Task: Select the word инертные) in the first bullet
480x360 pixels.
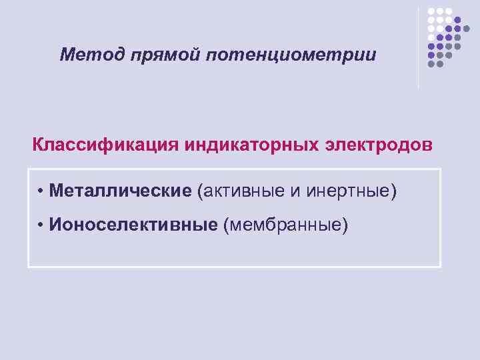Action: (x=352, y=192)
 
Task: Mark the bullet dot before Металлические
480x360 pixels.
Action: (x=41, y=192)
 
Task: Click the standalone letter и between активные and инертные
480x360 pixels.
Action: (x=297, y=192)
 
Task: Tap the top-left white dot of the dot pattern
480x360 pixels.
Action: (x=431, y=12)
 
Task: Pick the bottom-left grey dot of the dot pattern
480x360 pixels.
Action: (x=431, y=64)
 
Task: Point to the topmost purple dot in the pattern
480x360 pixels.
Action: (x=457, y=21)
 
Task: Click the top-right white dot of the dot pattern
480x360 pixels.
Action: (x=449, y=12)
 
